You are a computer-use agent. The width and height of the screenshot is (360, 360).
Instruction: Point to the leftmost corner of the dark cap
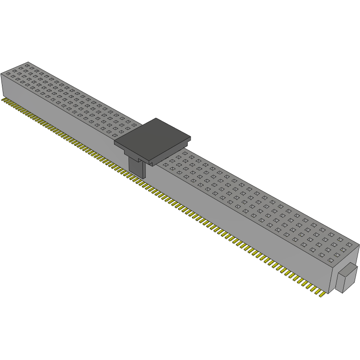[x=114, y=142]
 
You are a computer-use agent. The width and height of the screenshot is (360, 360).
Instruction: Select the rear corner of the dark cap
[x=156, y=118]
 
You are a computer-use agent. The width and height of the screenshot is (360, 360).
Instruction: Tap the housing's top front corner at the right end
[x=332, y=264]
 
